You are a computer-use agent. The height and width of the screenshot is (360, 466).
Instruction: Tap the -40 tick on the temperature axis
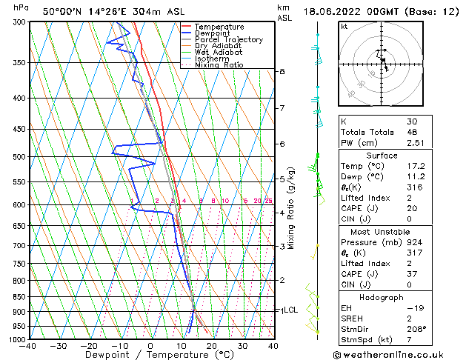pos(29,346)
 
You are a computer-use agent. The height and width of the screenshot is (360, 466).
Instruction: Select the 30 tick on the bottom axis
pos(242,346)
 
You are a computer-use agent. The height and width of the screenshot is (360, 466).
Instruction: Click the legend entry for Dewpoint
pos(213,33)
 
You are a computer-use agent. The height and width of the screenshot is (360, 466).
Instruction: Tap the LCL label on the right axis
pos(290,310)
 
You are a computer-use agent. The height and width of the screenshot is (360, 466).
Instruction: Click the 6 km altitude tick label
pos(282,144)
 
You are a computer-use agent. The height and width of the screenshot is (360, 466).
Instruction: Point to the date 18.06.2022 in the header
pos(330,11)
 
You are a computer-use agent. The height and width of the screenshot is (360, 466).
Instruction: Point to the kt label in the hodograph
pos(344,27)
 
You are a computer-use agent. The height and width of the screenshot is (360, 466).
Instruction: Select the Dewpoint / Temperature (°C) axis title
pos(150,356)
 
